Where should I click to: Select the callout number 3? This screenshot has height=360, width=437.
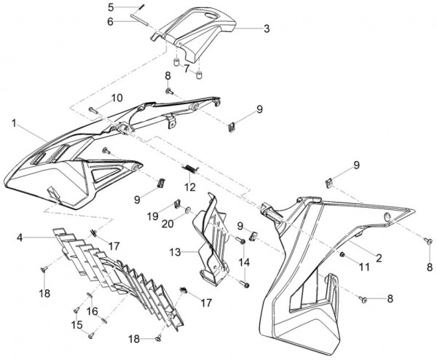(x=267, y=29)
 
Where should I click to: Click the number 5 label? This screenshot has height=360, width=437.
(x=111, y=7)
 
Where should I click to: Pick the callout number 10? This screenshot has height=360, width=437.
(x=117, y=98)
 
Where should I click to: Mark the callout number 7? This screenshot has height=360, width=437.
(x=186, y=70)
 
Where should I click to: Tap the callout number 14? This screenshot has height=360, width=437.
(x=244, y=261)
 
